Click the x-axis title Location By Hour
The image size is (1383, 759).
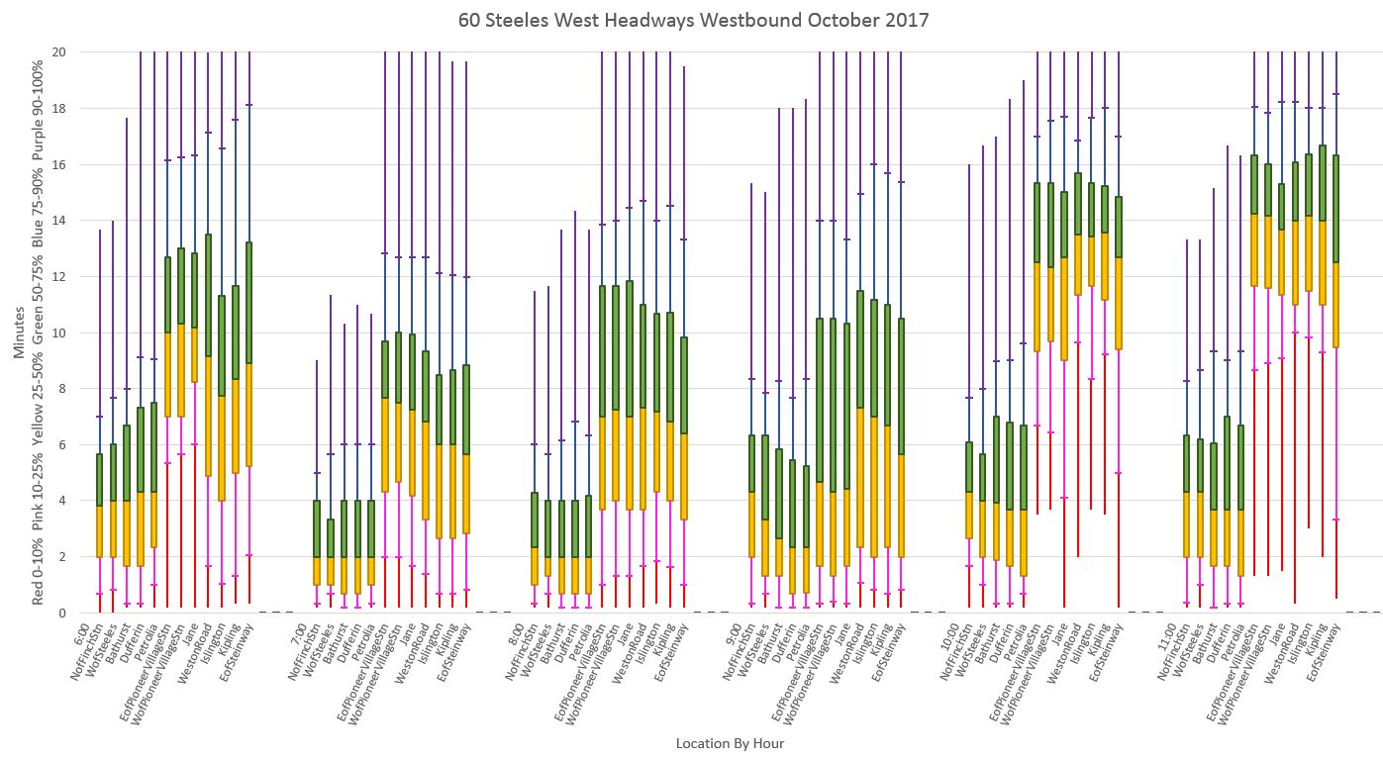(730, 743)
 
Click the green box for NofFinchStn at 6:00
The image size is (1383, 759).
(99, 480)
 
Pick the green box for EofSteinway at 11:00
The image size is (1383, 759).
(1336, 208)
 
